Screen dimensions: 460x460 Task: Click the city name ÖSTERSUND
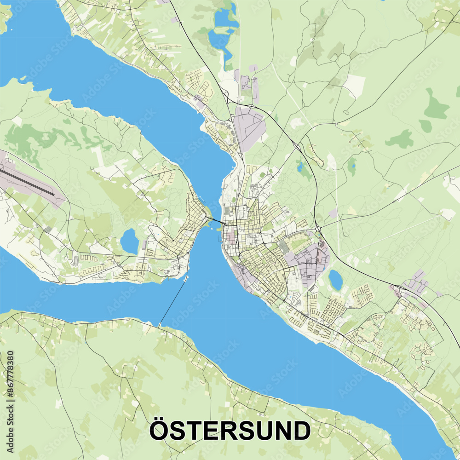click(230, 431)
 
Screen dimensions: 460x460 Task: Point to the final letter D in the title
click(301, 431)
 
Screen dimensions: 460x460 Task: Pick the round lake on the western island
click(129, 241)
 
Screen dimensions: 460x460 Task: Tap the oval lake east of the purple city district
click(335, 280)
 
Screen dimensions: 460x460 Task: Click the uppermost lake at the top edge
click(225, 18)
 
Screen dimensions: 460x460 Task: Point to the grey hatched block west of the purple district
click(284, 247)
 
